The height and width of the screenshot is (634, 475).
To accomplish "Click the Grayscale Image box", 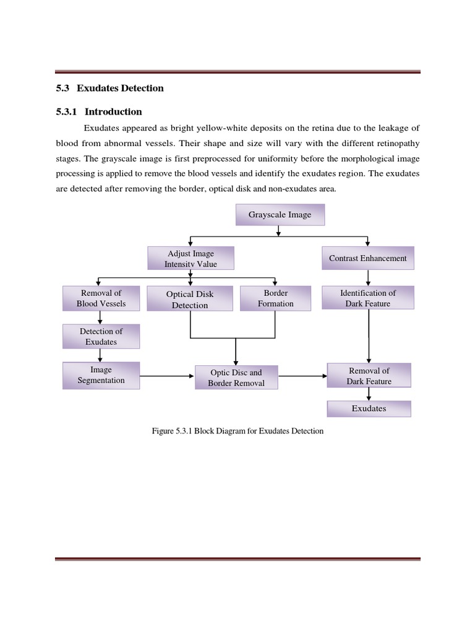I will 280,215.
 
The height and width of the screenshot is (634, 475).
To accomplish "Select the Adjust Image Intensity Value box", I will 190,259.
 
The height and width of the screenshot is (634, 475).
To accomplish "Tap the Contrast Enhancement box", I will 367,258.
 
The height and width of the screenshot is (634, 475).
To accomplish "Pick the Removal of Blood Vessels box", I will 101,298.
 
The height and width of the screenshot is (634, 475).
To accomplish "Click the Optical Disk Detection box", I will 190,300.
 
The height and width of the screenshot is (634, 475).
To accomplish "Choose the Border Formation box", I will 276,298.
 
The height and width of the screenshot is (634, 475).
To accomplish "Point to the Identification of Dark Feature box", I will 368,298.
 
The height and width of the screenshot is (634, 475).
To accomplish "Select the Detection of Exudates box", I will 101,336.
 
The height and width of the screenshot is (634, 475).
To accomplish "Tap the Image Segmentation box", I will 101,375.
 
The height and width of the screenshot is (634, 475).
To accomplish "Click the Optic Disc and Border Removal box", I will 236,378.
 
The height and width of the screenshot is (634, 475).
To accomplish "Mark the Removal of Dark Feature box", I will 369,376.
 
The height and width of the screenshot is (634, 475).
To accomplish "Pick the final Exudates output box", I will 369,409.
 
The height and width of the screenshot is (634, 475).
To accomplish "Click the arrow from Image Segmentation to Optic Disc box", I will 167,376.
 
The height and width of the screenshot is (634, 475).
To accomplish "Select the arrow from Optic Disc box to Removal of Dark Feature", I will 302,376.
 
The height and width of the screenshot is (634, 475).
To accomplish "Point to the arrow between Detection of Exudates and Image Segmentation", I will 101,355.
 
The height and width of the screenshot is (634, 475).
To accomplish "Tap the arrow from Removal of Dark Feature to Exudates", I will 369,394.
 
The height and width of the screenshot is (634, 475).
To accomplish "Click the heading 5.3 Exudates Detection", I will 109,88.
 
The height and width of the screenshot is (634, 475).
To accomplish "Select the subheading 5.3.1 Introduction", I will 99,111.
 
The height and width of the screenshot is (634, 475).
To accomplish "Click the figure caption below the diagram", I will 237,431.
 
